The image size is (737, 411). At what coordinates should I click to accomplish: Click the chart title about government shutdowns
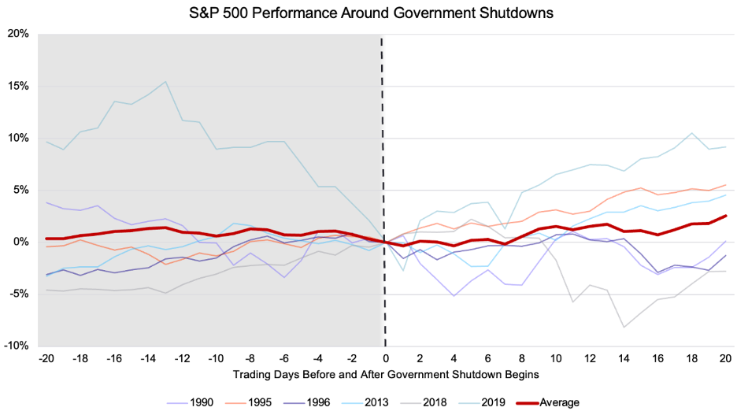point(368,13)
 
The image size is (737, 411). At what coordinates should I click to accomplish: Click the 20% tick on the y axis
point(18,34)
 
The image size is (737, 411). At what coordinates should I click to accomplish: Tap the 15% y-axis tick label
point(18,86)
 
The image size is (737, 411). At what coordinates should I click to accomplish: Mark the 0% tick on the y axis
point(21,242)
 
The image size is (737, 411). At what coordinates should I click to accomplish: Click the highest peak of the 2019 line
point(165,81)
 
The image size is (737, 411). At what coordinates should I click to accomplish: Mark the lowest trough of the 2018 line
point(624,327)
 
